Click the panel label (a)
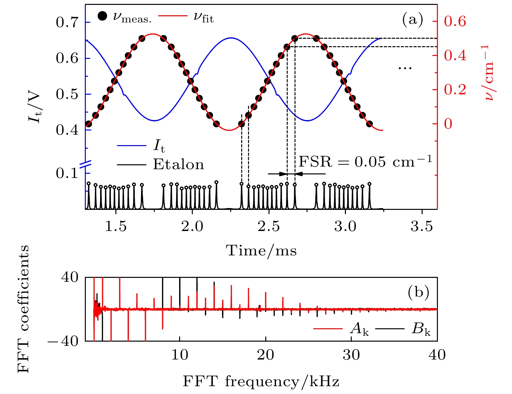(x=413, y=20)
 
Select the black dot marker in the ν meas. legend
(x=102, y=16)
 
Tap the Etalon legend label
(x=178, y=165)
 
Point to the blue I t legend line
(x=131, y=145)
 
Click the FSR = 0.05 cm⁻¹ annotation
(x=365, y=162)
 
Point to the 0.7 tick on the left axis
(x=67, y=23)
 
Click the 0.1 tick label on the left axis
(x=67, y=173)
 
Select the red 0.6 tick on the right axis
(x=455, y=21)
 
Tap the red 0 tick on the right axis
(x=448, y=124)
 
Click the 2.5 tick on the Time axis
(x=269, y=226)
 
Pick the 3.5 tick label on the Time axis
(x=422, y=226)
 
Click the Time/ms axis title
(x=261, y=251)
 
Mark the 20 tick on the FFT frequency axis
(x=266, y=355)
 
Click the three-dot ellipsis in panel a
(x=405, y=68)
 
